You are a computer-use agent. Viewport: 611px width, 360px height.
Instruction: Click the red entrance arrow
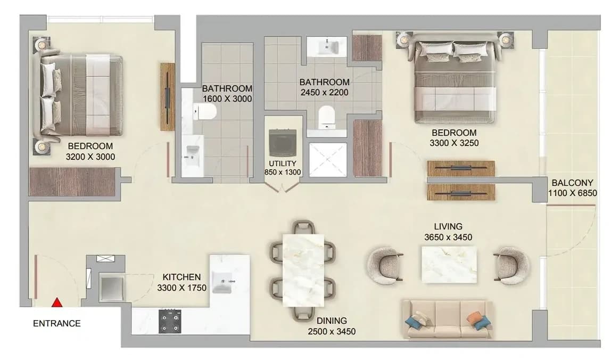[x=57, y=302]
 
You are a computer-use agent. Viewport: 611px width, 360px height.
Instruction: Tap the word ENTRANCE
[x=57, y=323]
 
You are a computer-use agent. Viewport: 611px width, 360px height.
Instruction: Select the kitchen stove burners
[x=170, y=321]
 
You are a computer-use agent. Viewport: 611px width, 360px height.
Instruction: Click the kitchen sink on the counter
[x=222, y=282]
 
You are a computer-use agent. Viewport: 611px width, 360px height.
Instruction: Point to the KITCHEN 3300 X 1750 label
[x=181, y=282]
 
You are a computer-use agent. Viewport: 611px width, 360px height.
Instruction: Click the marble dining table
[x=303, y=271]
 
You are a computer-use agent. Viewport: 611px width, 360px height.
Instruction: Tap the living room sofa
[x=447, y=319]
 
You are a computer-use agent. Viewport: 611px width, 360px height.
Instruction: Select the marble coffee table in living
[x=449, y=264]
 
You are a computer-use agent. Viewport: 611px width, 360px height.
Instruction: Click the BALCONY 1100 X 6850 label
[x=573, y=188]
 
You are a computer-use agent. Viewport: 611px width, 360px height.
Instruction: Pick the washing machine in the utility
[x=283, y=143]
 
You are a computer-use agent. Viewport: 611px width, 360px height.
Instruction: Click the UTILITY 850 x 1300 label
[x=283, y=168]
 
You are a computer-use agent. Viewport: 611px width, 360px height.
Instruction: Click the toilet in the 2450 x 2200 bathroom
[x=327, y=117]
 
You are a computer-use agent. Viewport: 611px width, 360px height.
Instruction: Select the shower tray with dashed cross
[x=328, y=160]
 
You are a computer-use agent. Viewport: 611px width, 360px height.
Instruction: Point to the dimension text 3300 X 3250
[x=454, y=143]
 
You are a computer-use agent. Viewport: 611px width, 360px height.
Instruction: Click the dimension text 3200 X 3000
[x=90, y=157]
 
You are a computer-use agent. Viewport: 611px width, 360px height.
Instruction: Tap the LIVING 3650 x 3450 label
[x=448, y=232]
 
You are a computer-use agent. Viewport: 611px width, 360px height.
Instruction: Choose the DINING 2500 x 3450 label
[x=332, y=326]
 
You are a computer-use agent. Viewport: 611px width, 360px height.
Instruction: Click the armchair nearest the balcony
[x=511, y=265]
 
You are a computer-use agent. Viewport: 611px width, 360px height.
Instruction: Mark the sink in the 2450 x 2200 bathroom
[x=327, y=47]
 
